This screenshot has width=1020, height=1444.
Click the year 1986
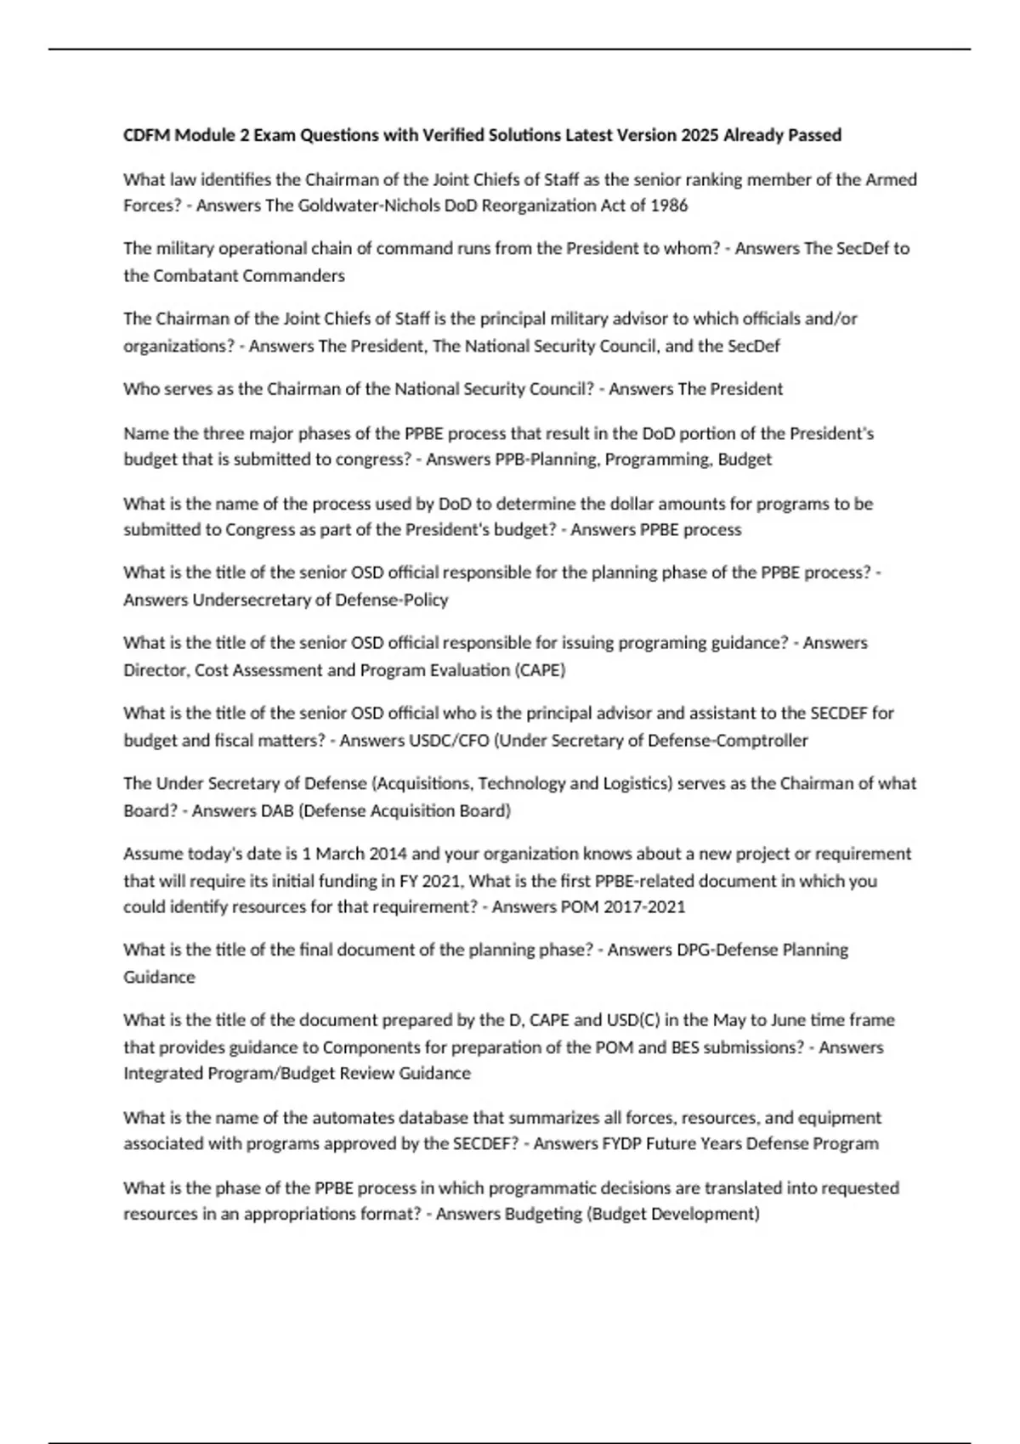[x=669, y=206]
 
